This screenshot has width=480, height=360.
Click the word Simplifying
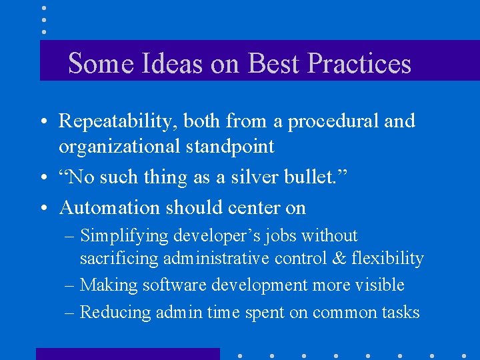(x=123, y=236)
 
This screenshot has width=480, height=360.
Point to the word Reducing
(x=115, y=312)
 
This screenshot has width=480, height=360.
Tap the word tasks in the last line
(x=398, y=312)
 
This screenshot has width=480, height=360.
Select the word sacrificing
(x=117, y=258)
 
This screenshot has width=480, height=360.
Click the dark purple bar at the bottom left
(x=127, y=353)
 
